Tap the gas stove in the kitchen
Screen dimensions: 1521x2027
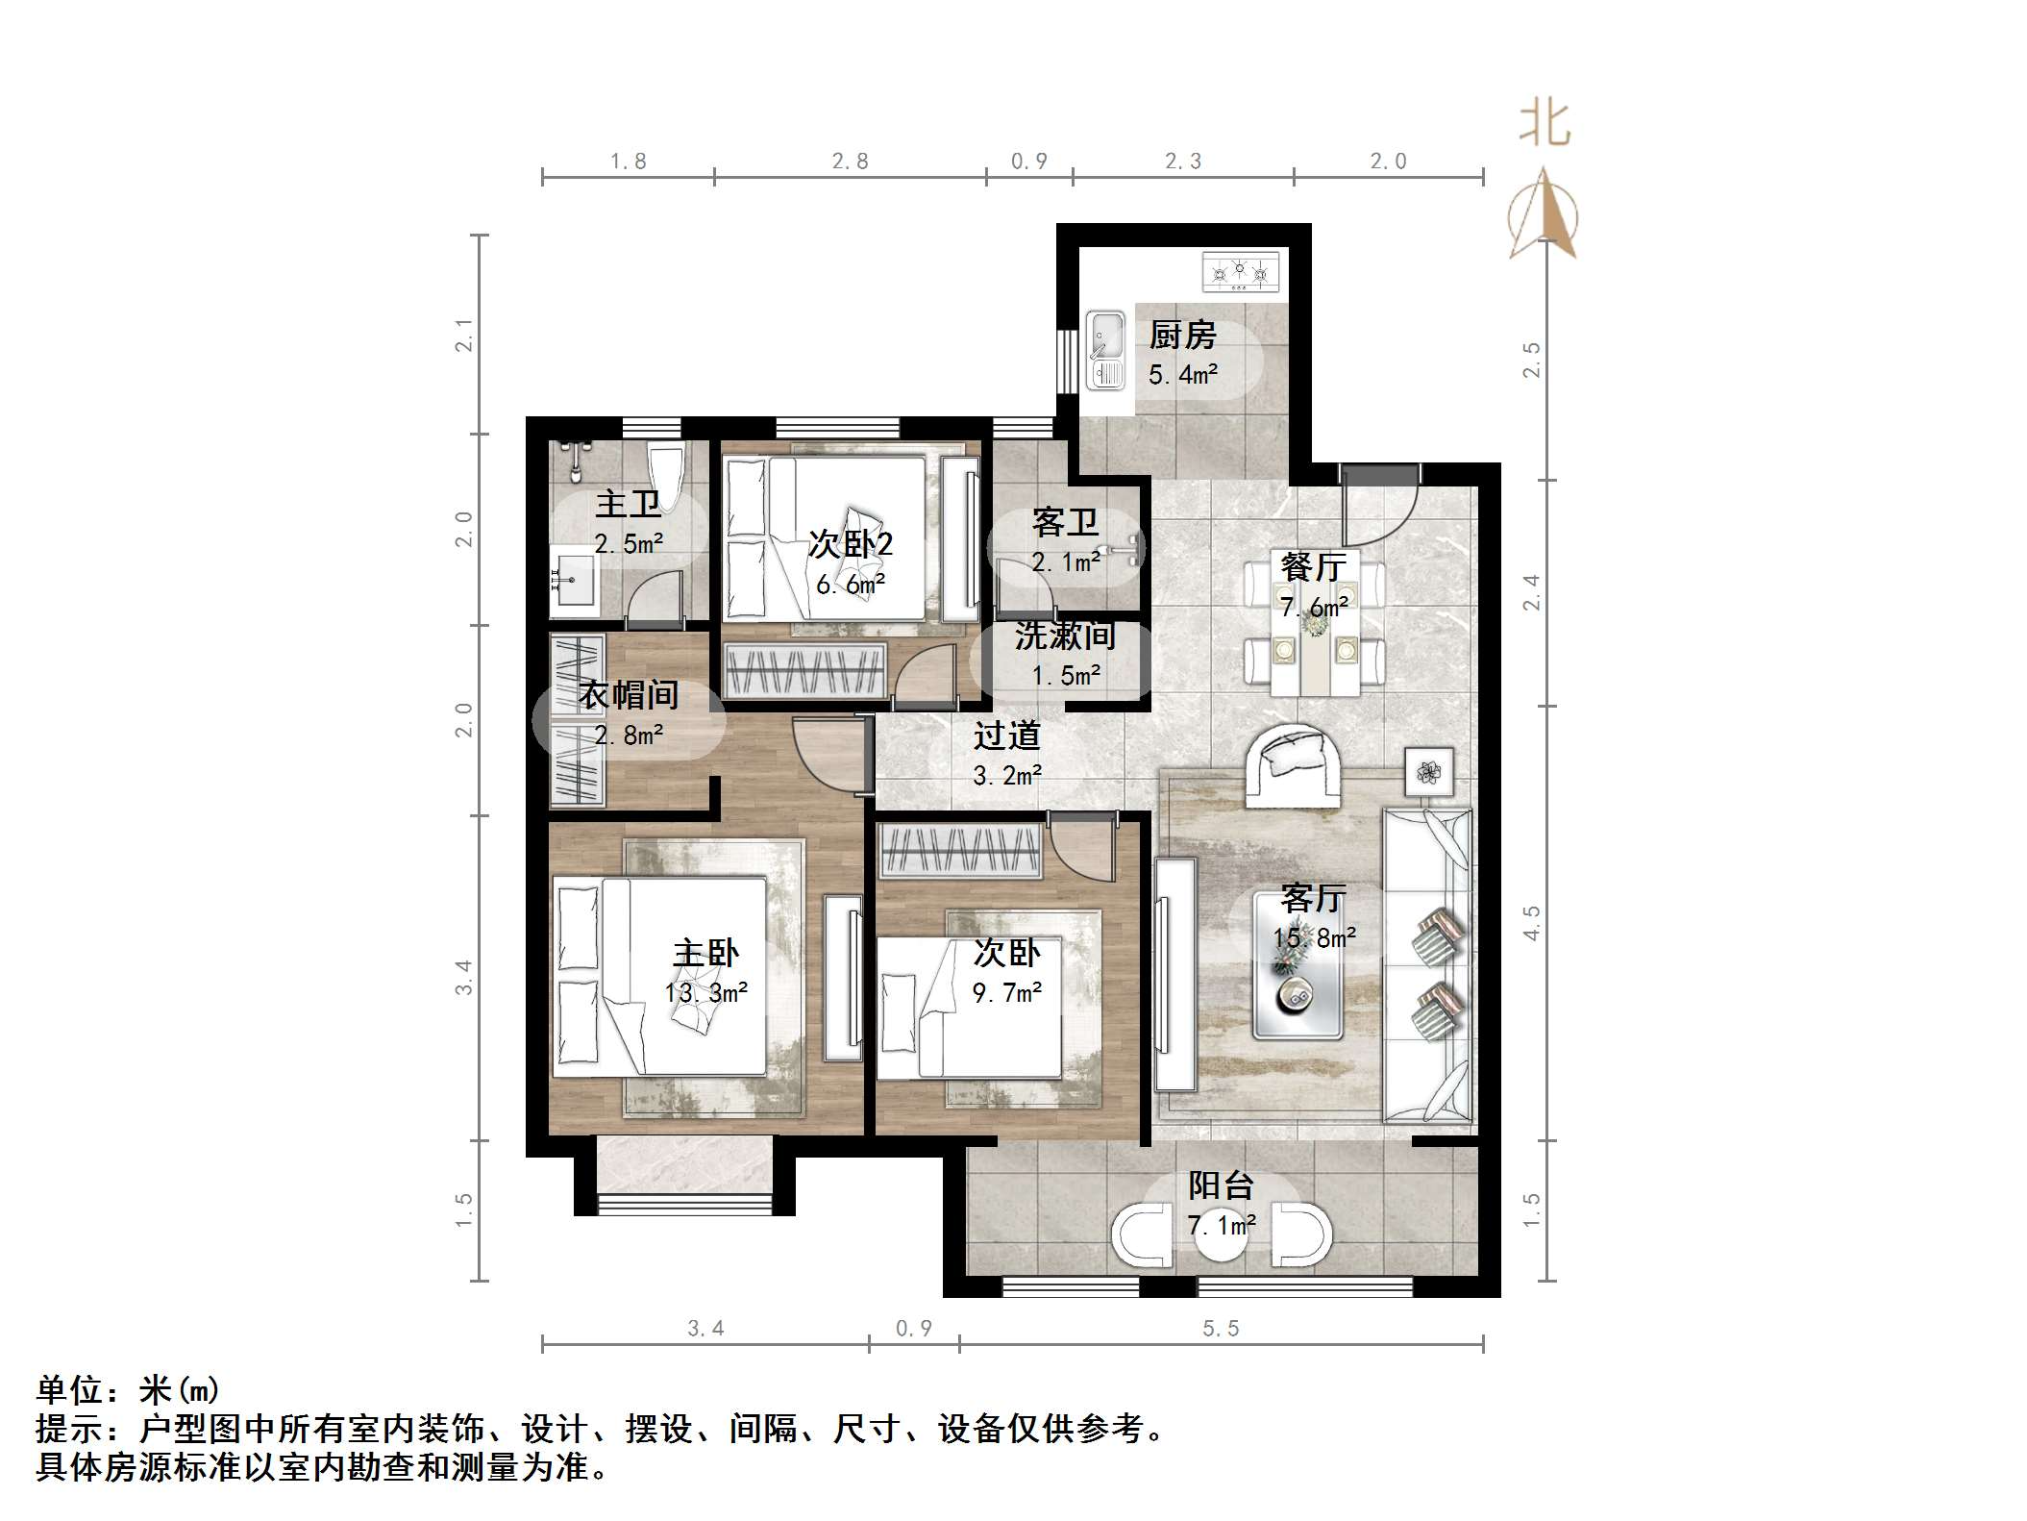(x=1241, y=272)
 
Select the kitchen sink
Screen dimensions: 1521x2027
(x=1105, y=349)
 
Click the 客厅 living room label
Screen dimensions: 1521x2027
(x=1313, y=898)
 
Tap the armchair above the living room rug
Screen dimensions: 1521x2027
(x=1293, y=765)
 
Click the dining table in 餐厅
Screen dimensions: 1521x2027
(x=1315, y=625)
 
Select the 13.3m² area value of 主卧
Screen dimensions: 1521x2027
(x=706, y=992)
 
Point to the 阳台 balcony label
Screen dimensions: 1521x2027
(x=1221, y=1185)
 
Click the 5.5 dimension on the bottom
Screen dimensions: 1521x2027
(x=1221, y=1329)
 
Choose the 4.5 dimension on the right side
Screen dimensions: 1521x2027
(x=1531, y=923)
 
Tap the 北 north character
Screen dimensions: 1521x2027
(x=1545, y=124)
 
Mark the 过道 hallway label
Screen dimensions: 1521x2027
(x=1006, y=736)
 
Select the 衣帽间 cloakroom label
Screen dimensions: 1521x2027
(x=629, y=694)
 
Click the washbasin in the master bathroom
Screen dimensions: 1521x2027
(x=574, y=580)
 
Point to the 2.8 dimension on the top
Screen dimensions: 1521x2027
(x=850, y=162)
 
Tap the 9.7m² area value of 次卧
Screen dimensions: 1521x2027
(x=1006, y=992)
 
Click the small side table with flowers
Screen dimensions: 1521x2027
(x=1429, y=771)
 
